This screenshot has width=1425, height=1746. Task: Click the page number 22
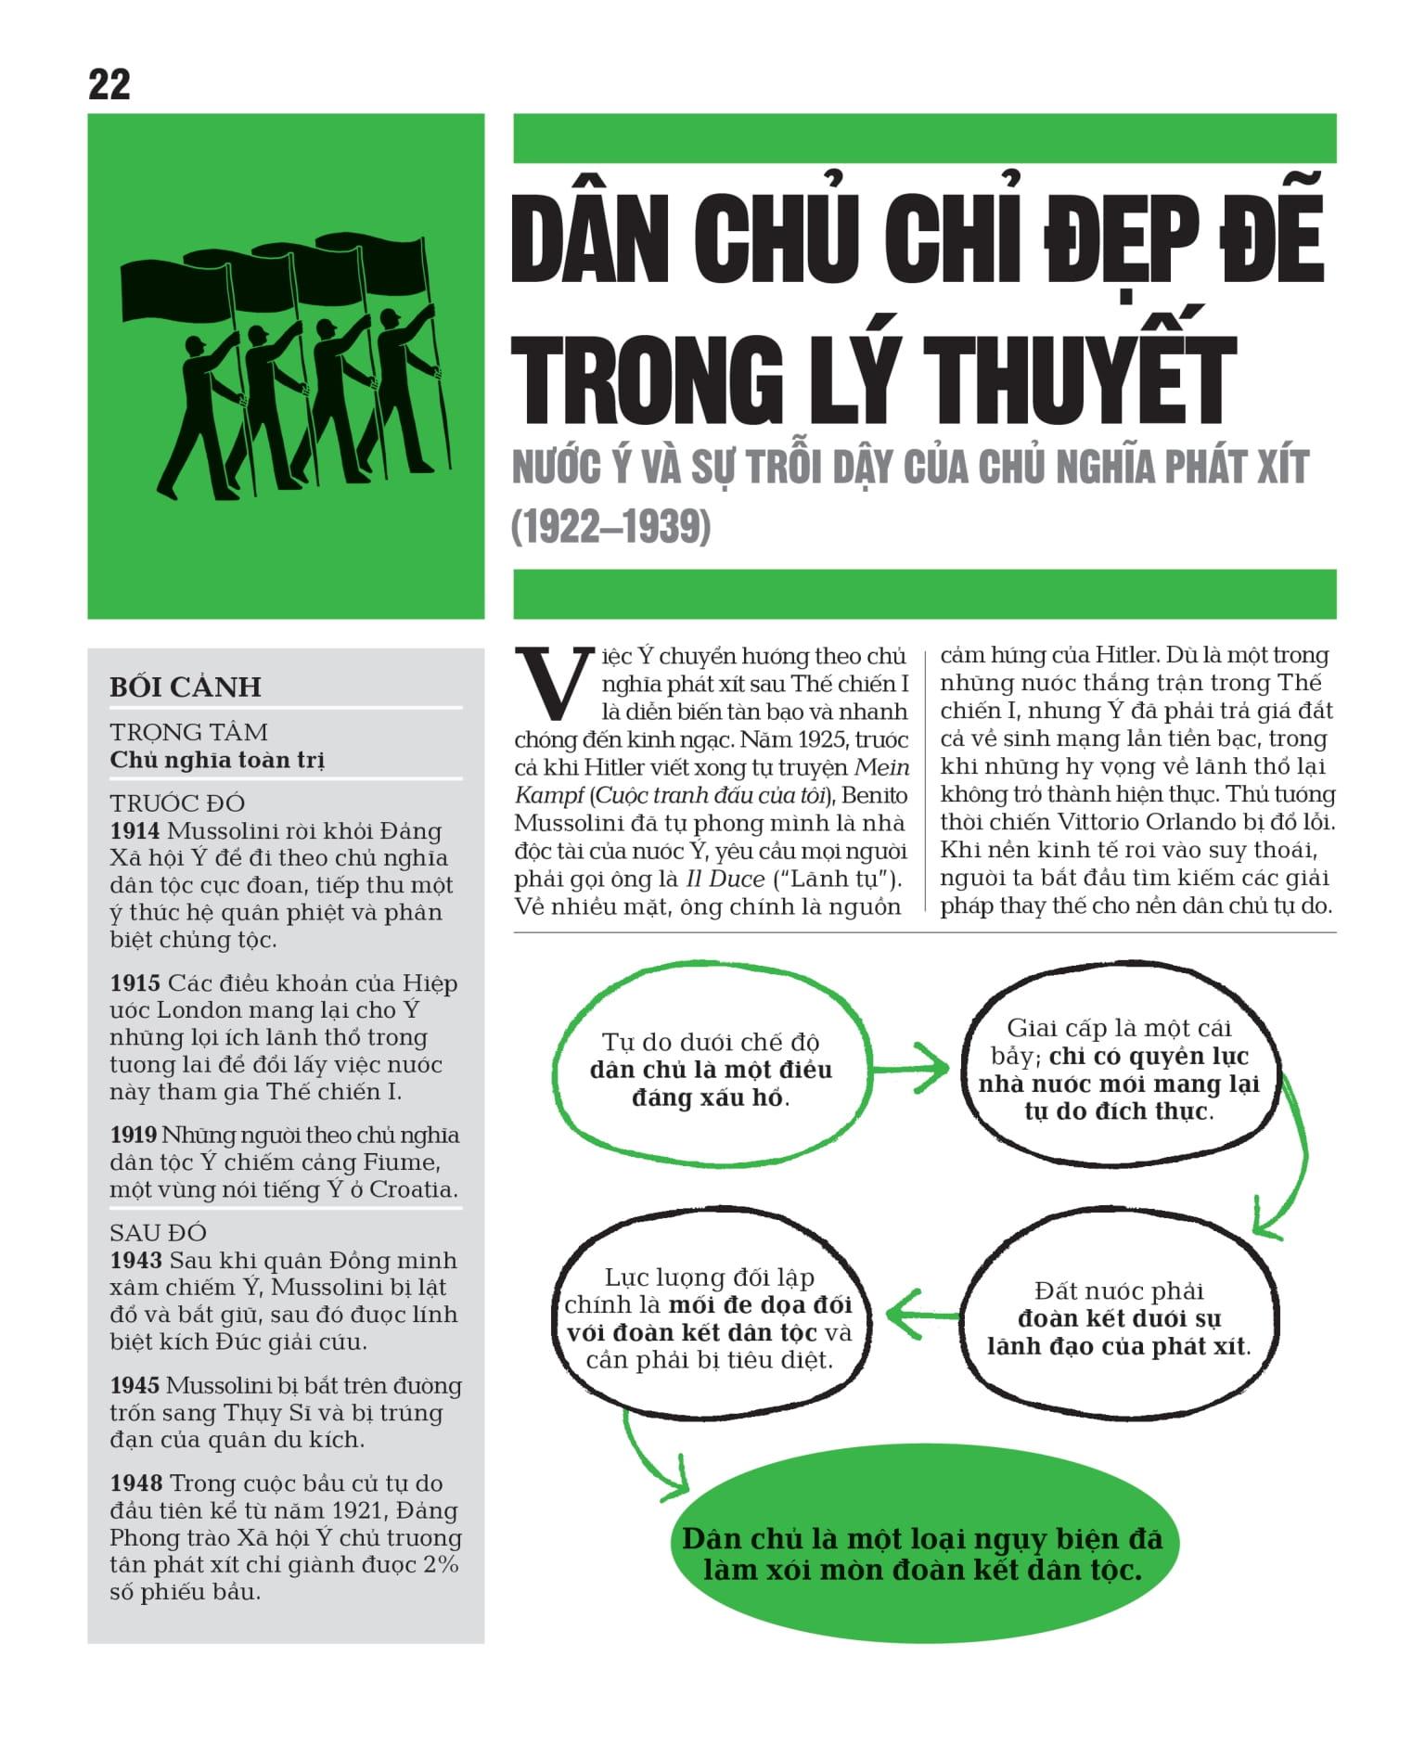(x=109, y=85)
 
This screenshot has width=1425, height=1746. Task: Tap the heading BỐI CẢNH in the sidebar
(x=186, y=687)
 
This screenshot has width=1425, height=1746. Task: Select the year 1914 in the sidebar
(x=135, y=831)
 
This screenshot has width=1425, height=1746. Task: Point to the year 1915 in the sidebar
(x=135, y=983)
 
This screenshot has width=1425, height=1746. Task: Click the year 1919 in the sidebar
(x=135, y=1136)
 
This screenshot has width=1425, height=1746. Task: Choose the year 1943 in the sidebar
(x=135, y=1261)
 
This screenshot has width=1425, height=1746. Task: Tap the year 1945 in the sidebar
(x=135, y=1386)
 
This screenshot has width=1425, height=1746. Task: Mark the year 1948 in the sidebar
(x=135, y=1483)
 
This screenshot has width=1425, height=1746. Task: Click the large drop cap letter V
(x=553, y=685)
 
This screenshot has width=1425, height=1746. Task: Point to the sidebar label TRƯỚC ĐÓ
(x=177, y=803)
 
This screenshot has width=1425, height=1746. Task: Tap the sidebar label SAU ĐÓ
(x=158, y=1233)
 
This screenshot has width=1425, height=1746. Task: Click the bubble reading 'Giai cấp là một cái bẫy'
(x=1119, y=1069)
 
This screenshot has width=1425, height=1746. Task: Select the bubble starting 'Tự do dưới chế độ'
(x=711, y=1069)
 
